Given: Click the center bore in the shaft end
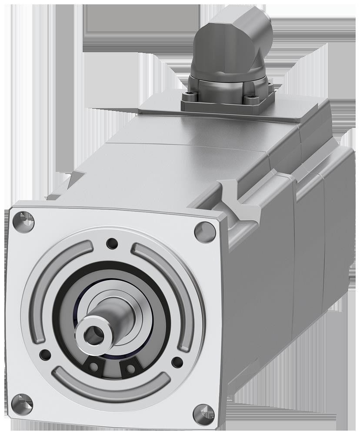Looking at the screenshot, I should click(93, 334).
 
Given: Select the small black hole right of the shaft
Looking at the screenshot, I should click(177, 362).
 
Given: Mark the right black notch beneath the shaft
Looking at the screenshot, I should click(128, 370).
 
